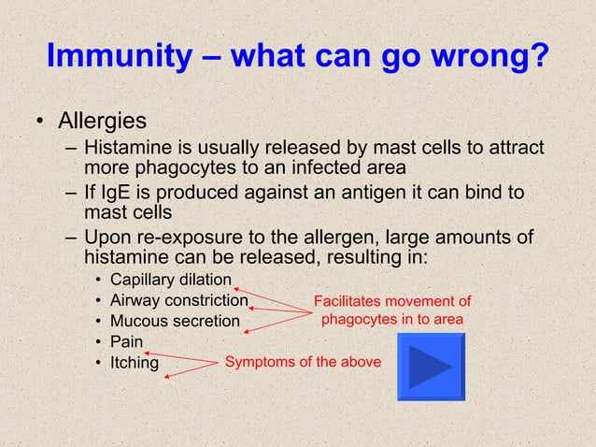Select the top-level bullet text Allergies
point(101,122)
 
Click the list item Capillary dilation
point(170,280)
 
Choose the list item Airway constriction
point(178,300)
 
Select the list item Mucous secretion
point(175,321)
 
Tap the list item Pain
point(126,341)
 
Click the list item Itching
point(134,362)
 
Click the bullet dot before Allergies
point(40,123)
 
